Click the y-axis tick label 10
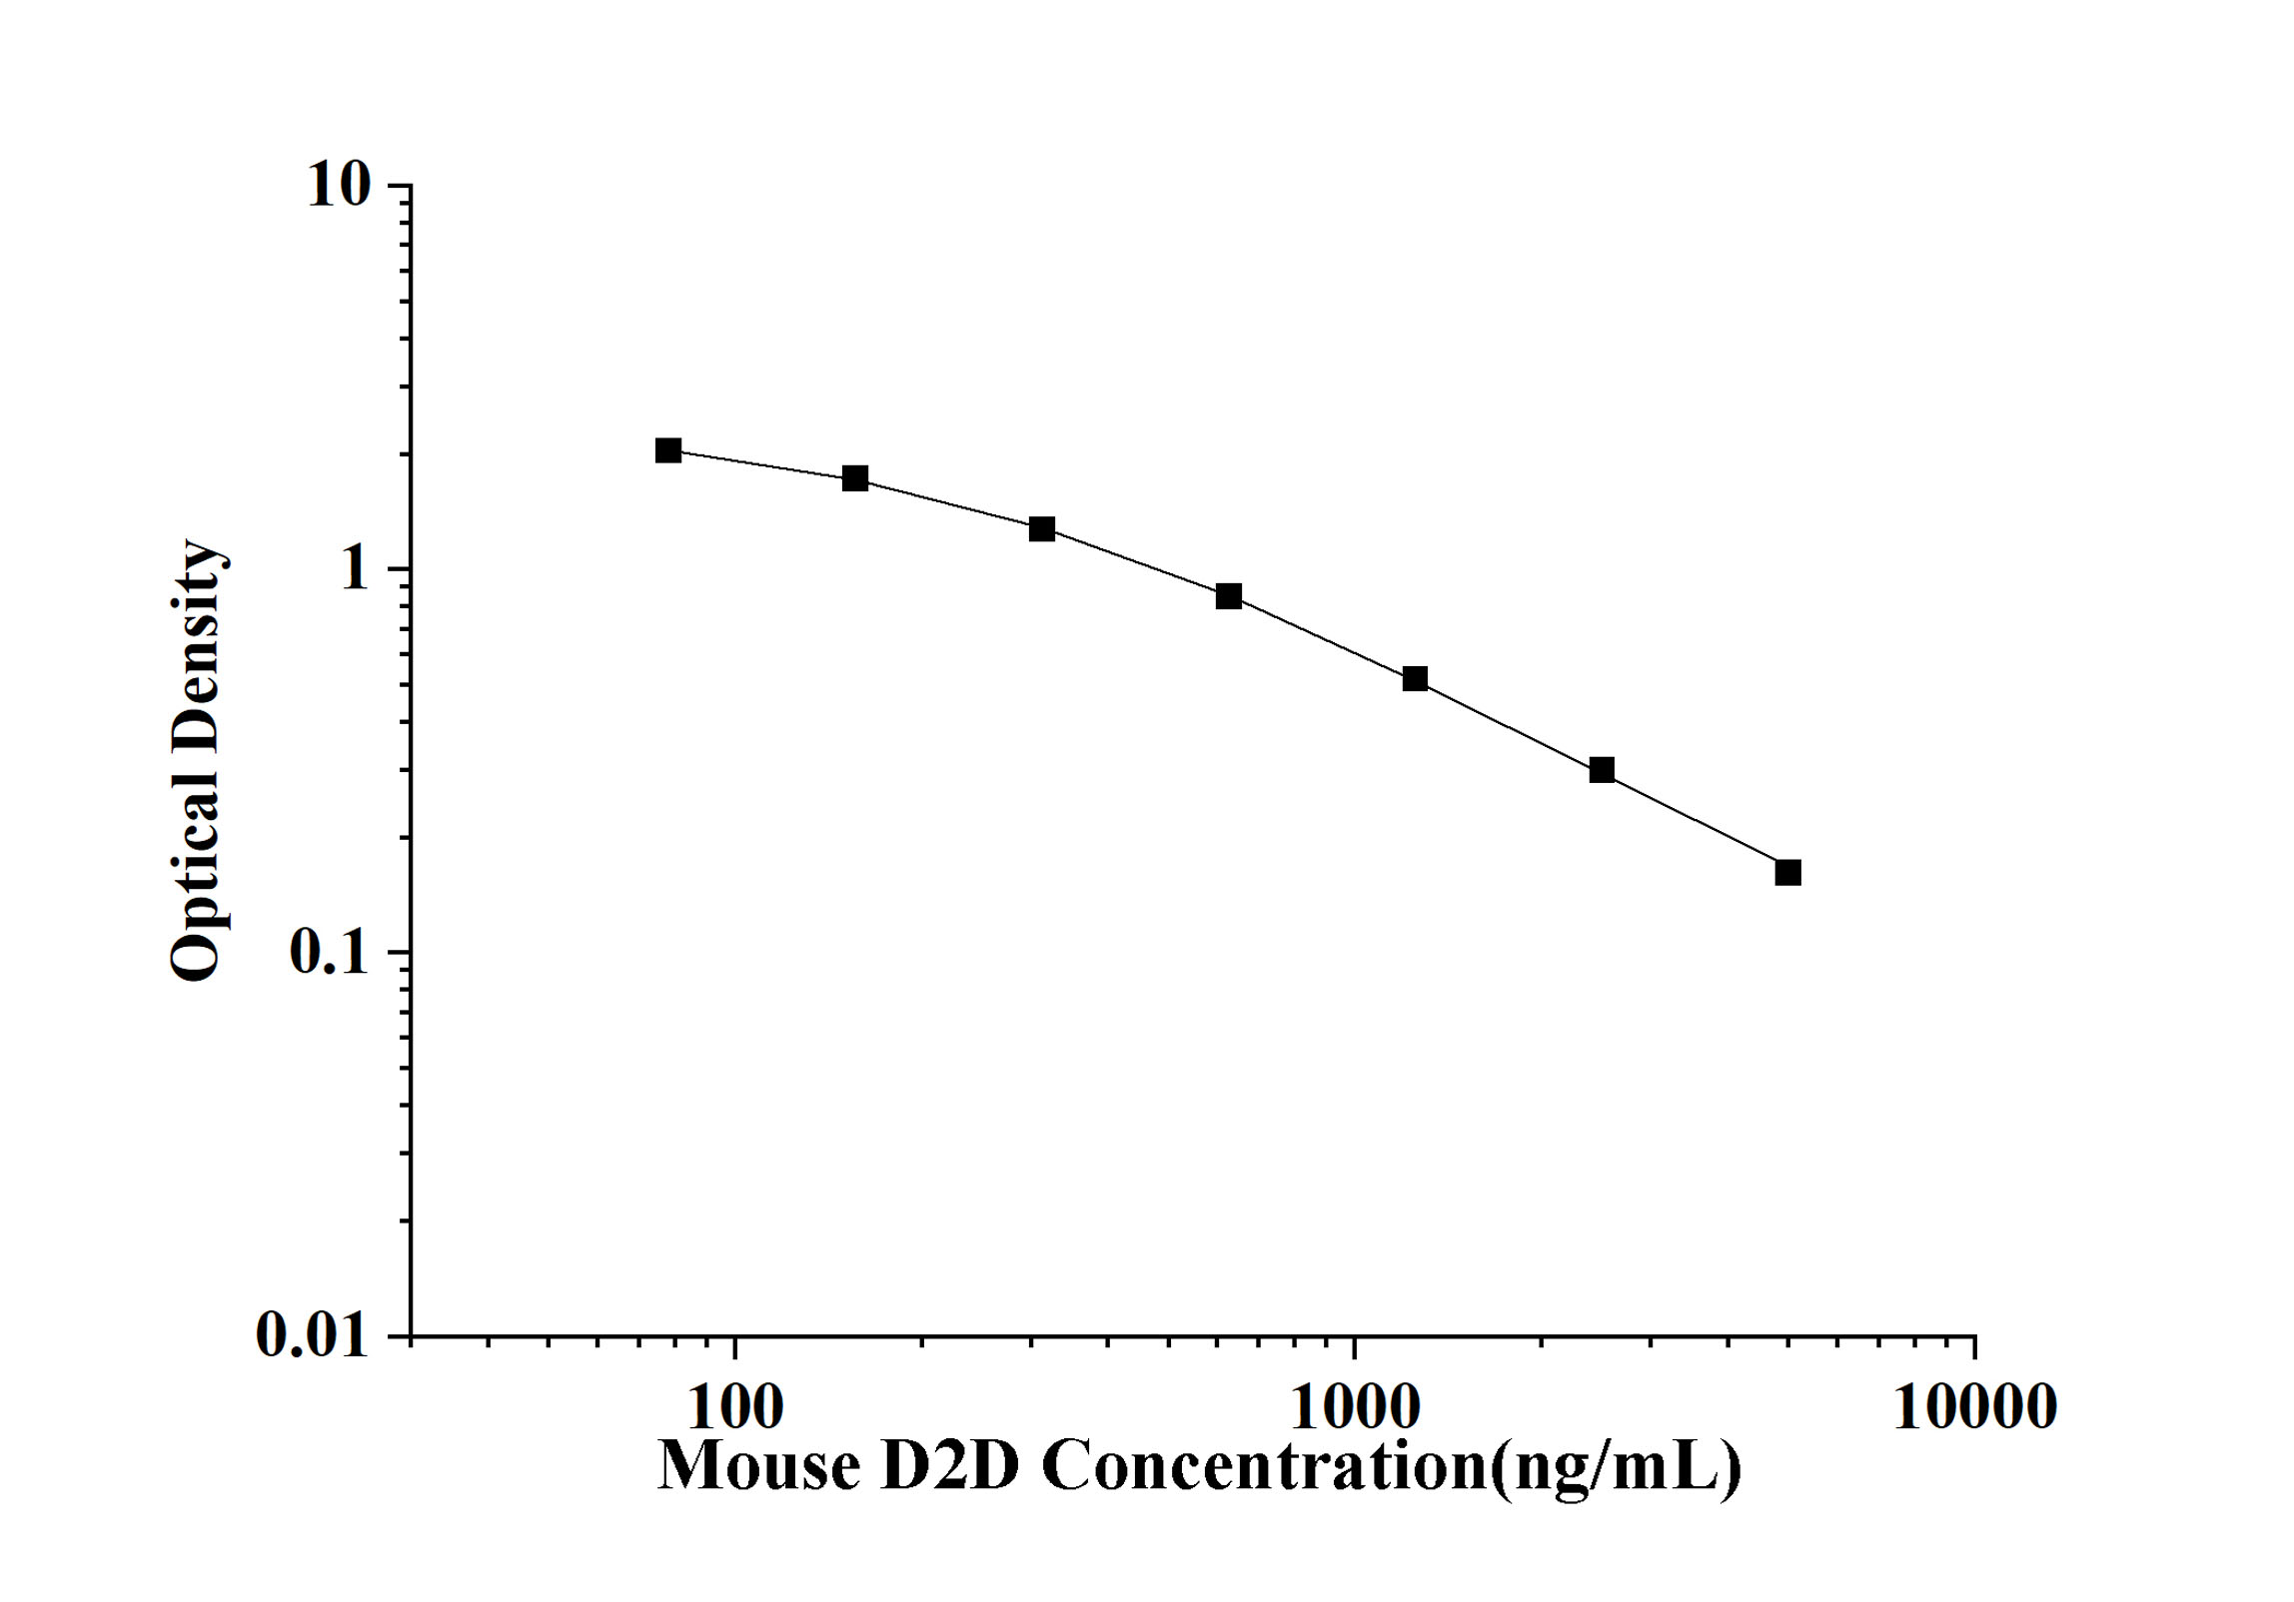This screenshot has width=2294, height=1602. tap(339, 185)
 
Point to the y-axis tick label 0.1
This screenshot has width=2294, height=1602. tap(329, 953)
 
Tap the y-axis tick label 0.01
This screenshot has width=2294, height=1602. tap(312, 1334)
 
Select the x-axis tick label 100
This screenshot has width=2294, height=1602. tap(735, 1407)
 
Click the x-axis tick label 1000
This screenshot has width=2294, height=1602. tap(1355, 1407)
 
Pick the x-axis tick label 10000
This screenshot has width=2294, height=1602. tap(1974, 1407)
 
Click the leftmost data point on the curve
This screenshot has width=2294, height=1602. tap(668, 450)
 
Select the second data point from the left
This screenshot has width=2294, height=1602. tap(855, 478)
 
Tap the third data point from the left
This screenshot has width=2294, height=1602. tap(1042, 529)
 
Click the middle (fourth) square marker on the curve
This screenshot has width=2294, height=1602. tap(1229, 596)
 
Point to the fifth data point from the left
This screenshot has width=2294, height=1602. tap(1415, 679)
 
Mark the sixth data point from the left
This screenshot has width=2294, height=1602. tap(1602, 770)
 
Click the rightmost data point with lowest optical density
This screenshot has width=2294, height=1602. tap(1788, 873)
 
